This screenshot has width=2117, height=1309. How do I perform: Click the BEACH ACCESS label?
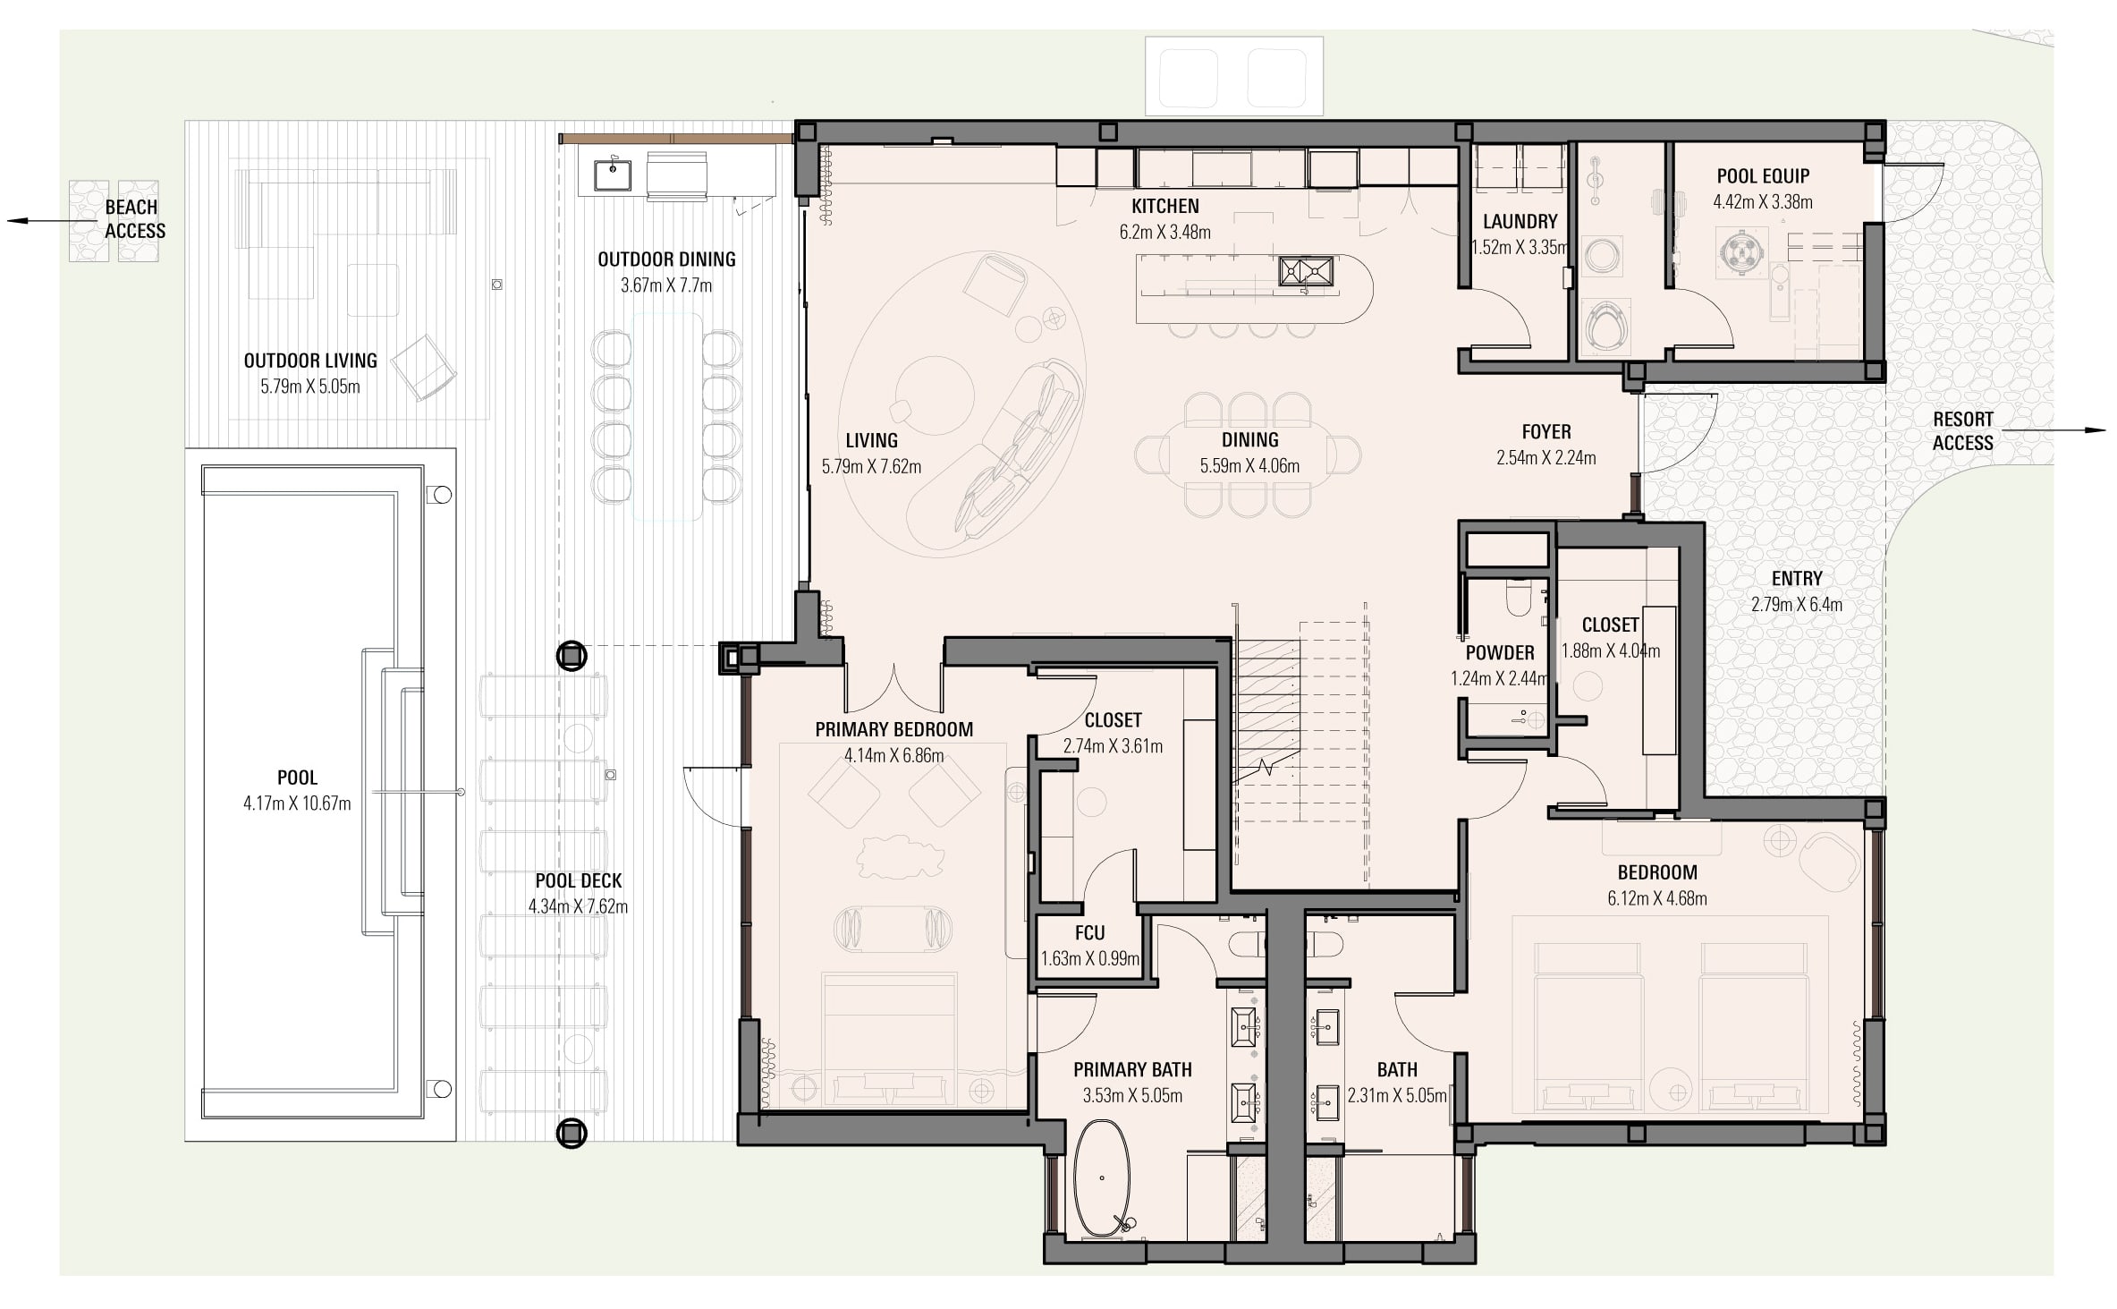135,219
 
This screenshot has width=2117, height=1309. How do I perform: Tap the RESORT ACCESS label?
1962,431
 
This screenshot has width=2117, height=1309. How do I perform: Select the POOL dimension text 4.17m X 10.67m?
297,803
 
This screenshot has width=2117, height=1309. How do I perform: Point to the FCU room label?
1089,933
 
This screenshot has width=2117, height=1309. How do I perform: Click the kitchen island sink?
1306,271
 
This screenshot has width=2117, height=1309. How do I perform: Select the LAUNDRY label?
1520,221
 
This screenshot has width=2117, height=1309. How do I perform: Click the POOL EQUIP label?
1763,176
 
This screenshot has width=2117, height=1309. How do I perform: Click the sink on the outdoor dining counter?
614,175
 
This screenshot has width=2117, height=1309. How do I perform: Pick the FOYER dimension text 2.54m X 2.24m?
1545,458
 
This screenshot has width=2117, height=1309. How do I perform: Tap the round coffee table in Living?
936,394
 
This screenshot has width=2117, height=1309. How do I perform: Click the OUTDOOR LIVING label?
310,361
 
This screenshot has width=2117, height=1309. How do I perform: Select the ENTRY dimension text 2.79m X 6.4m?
1796,605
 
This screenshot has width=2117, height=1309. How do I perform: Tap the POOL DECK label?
579,880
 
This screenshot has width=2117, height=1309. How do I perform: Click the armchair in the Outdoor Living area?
424,368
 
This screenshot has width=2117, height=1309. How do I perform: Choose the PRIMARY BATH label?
1132,1070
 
